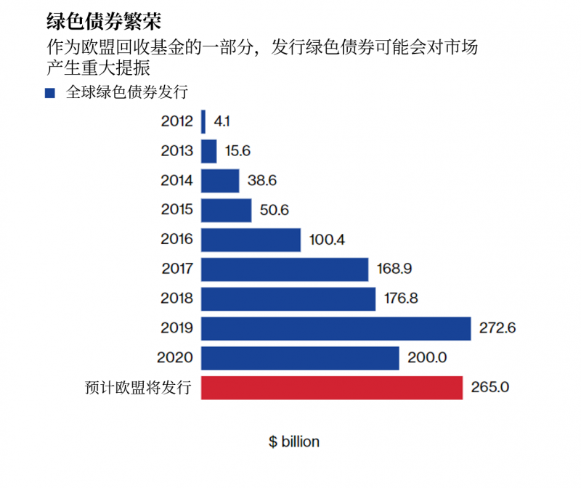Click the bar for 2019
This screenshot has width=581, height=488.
(336, 328)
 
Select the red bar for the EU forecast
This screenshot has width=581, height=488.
(331, 388)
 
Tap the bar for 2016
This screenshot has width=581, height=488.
(251, 240)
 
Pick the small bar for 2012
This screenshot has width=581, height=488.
(203, 121)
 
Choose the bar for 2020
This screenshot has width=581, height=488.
(300, 358)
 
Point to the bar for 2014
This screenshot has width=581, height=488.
(220, 181)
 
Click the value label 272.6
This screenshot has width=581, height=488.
(497, 328)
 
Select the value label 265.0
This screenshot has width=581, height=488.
(491, 388)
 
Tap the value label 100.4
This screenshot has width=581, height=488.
(327, 240)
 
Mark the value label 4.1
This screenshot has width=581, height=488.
(222, 121)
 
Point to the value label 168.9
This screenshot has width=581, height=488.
(395, 269)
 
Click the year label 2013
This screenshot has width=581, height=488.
(177, 151)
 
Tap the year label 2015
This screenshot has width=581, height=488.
(177, 211)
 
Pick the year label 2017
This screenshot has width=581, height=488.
(177, 269)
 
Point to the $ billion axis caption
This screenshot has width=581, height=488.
(294, 442)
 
